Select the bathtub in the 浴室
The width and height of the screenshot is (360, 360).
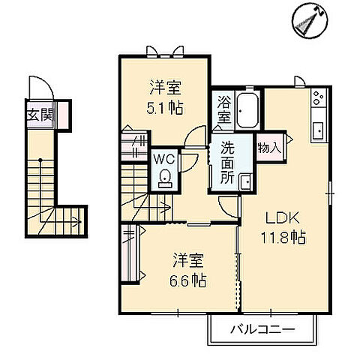click(x=247, y=111)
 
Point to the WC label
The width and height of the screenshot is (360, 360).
click(x=165, y=159)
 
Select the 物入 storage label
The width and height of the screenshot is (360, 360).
click(x=269, y=147)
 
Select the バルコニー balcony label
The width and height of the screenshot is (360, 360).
click(x=262, y=327)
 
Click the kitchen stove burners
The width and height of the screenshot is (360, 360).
click(x=318, y=98)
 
